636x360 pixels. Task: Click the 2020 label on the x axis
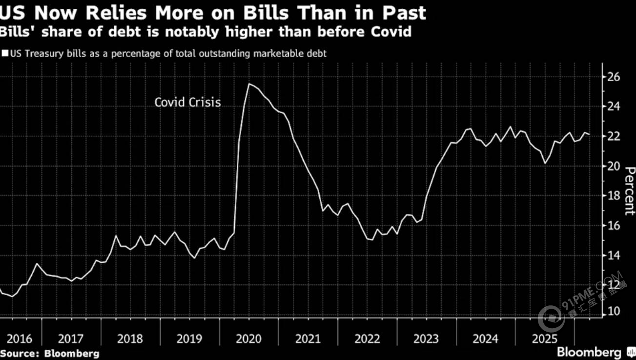(249, 339)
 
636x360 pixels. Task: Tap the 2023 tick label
(426, 339)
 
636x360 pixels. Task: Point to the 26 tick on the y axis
(613, 77)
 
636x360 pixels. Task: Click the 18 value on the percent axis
(613, 196)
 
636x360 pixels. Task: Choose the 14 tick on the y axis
(613, 255)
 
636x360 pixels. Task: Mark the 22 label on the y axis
(613, 136)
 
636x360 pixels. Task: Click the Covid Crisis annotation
(187, 103)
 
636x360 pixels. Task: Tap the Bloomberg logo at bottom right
(589, 352)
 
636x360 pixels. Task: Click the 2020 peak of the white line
(249, 84)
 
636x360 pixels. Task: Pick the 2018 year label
(130, 339)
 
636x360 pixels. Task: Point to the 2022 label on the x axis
(367, 339)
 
